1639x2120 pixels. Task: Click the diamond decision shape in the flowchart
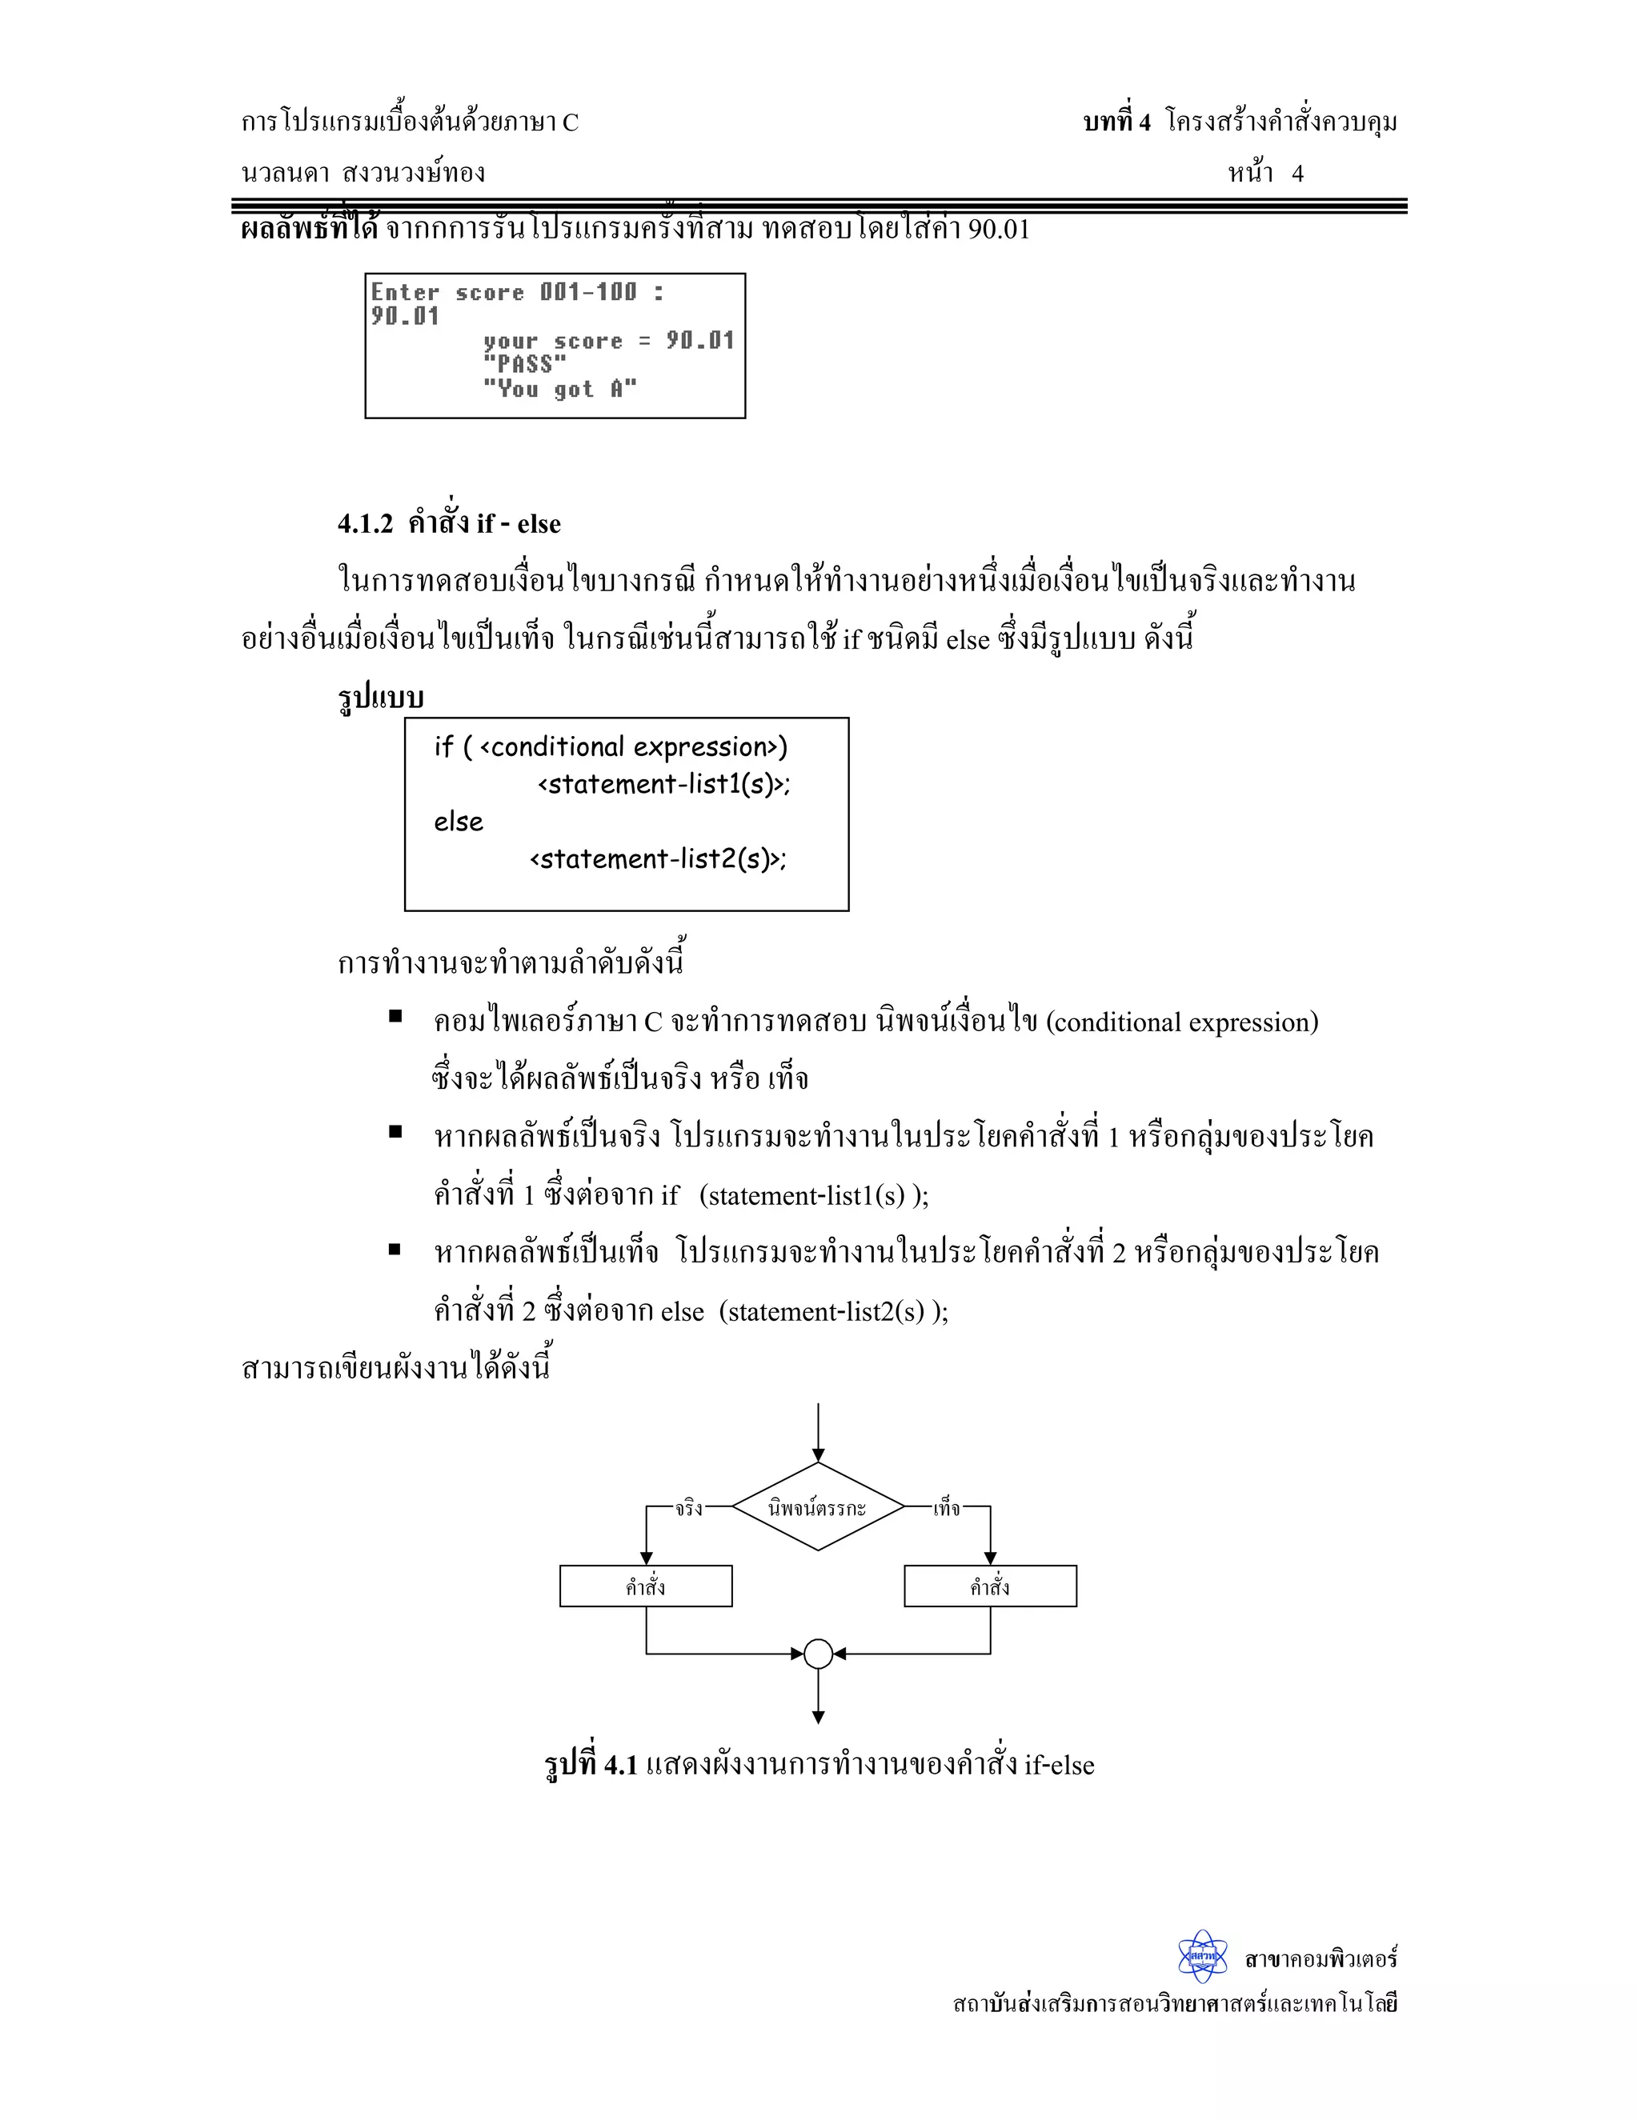coord(818,1507)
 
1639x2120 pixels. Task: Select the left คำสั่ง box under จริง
coord(646,1586)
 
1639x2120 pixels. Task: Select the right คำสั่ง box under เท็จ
coord(989,1586)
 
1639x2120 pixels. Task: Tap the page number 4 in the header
coord(1297,174)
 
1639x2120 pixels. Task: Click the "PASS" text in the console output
coord(524,365)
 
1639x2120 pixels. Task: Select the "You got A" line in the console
coord(559,390)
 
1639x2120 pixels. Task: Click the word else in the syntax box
coord(459,822)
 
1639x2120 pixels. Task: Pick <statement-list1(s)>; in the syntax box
coord(664,784)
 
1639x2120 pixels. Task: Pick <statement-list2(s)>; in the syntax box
coord(657,859)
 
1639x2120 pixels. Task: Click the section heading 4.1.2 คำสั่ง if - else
coord(449,524)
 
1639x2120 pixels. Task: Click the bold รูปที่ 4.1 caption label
coord(591,1764)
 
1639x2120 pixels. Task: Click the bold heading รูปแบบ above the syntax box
coord(381,698)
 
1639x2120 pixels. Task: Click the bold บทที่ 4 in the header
coord(1116,122)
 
